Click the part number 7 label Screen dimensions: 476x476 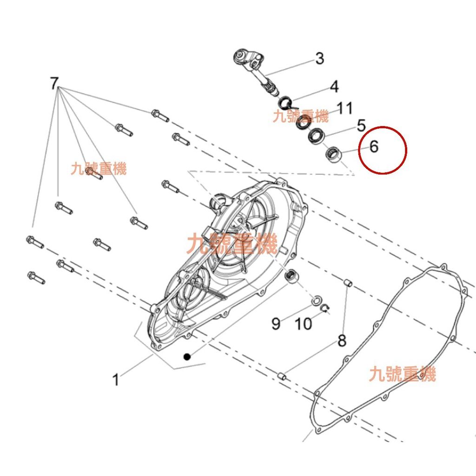point(54,84)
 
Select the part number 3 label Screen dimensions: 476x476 point(319,59)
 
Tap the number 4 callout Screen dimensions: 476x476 point(334,86)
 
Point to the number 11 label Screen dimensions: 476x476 point(344,108)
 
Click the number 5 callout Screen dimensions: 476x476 point(361,126)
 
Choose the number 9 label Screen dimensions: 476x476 point(276,323)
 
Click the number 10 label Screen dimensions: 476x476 point(304,324)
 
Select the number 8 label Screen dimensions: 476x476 point(342,342)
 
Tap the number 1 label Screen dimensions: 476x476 point(116,380)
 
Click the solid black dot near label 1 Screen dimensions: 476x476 point(187,357)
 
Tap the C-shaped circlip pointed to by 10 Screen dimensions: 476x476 point(326,308)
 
